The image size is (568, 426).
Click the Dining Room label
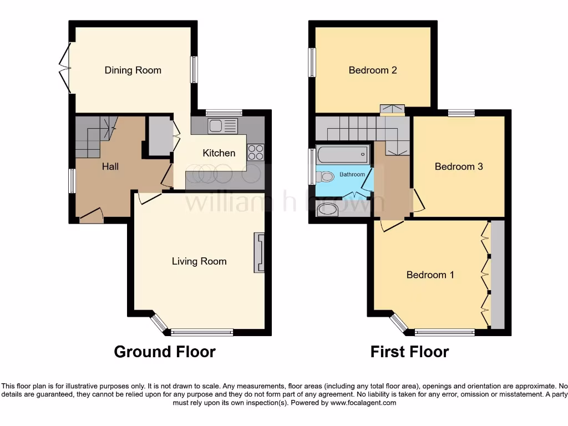point(133,70)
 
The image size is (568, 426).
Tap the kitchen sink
point(222,126)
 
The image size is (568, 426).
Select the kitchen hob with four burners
point(255,152)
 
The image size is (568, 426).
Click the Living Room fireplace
point(259,253)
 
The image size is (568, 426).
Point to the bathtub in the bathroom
point(342,155)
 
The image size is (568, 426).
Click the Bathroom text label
point(352,174)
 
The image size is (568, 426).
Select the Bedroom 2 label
point(373,70)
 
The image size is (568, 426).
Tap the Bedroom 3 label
point(459,166)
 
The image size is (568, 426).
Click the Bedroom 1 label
point(430,275)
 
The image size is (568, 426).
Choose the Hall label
point(110,166)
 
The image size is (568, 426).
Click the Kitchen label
point(219,153)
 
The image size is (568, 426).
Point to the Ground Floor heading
point(165,352)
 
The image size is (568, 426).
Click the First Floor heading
point(409,352)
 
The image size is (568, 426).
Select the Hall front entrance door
point(92,215)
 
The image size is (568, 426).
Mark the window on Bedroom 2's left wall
point(312,62)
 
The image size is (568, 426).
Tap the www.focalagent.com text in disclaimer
point(363,403)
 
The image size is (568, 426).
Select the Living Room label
point(199,261)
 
